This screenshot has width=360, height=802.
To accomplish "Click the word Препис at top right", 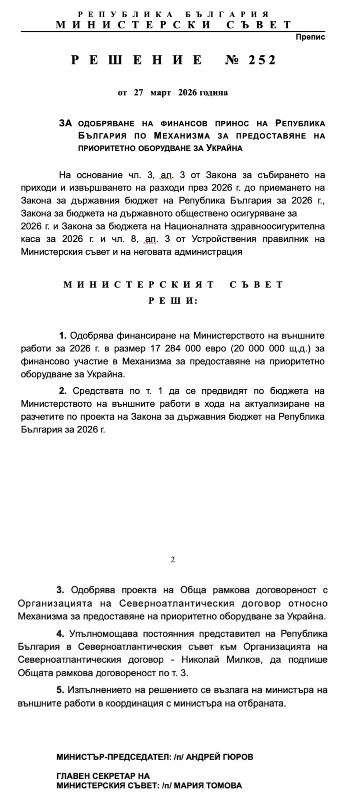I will (310, 37).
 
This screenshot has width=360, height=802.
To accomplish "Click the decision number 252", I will (262, 60).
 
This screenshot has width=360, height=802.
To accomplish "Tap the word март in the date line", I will (161, 92).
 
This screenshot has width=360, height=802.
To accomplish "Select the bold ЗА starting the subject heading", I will (65, 123).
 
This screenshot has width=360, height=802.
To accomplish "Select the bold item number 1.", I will (63, 336).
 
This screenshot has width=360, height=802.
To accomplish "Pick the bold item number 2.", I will (63, 391).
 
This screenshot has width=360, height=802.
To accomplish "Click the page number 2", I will (173, 560).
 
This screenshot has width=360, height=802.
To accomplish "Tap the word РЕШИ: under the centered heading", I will (173, 301).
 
